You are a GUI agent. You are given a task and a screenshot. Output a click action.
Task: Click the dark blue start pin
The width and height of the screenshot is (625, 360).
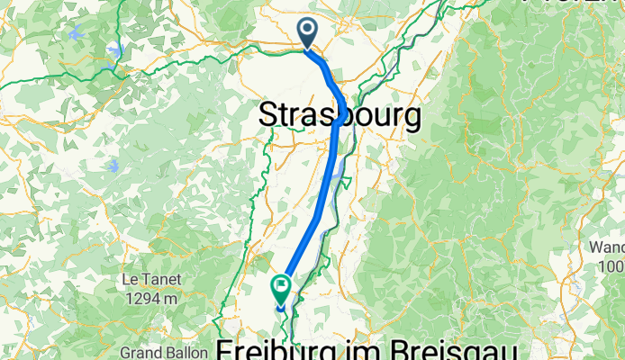point(307,34)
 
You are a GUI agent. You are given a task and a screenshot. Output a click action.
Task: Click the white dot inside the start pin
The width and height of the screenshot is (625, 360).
point(307,31)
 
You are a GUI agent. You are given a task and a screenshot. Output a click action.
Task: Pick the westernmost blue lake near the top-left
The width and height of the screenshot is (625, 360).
point(74,32)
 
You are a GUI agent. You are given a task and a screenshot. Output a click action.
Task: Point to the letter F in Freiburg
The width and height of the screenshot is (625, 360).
point(227,349)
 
